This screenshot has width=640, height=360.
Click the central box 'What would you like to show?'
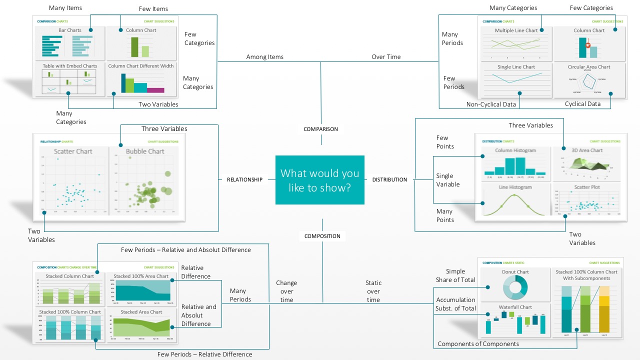pyautogui.click(x=320, y=180)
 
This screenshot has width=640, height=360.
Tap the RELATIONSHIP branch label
pyautogui.click(x=244, y=179)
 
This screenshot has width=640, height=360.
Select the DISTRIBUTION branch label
pyautogui.click(x=389, y=179)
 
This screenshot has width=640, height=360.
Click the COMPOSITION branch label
pyautogui.click(x=322, y=236)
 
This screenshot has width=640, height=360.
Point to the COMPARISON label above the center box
pyautogui.click(x=320, y=129)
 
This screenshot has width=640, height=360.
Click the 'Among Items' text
pyautogui.click(x=264, y=57)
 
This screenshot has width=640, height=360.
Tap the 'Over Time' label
pyautogui.click(x=386, y=57)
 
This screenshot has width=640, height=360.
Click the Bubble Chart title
pyautogui.click(x=145, y=151)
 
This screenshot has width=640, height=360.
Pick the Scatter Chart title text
pyautogui.click(x=73, y=151)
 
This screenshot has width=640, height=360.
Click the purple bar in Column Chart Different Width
pyautogui.click(x=155, y=90)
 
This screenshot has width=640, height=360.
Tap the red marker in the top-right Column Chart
pyautogui.click(x=588, y=45)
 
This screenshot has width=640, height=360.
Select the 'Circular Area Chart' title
pyautogui.click(x=589, y=67)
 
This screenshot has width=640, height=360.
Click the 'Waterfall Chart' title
pyautogui.click(x=515, y=307)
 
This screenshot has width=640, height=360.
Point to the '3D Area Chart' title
pyautogui.click(x=587, y=150)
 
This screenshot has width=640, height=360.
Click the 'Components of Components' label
pyautogui.click(x=478, y=344)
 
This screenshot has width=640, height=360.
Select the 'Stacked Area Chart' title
pyautogui.click(x=141, y=312)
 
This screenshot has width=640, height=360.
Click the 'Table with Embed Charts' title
pyautogui.click(x=69, y=66)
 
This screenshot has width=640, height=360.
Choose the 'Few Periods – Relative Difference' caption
pyautogui.click(x=204, y=354)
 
